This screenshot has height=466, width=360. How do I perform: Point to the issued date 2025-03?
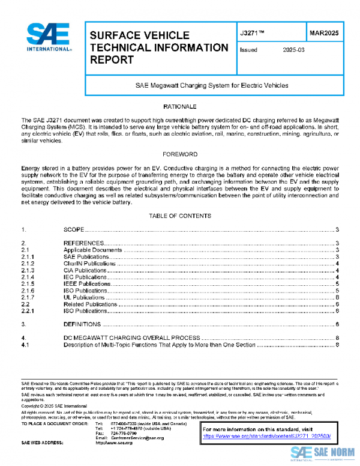point(294,50)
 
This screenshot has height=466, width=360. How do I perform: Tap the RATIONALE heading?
point(179,106)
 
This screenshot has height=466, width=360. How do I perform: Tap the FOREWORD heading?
point(179,154)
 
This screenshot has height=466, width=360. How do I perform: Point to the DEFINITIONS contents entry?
point(81,325)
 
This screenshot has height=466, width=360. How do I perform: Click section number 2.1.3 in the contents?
point(28,270)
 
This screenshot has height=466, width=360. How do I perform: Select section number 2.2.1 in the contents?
point(28,311)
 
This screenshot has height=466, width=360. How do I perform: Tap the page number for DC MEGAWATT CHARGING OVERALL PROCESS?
point(338,339)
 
